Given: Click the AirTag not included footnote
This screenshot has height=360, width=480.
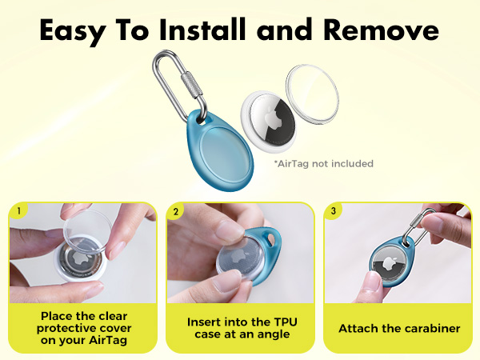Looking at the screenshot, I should tap(323, 164).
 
